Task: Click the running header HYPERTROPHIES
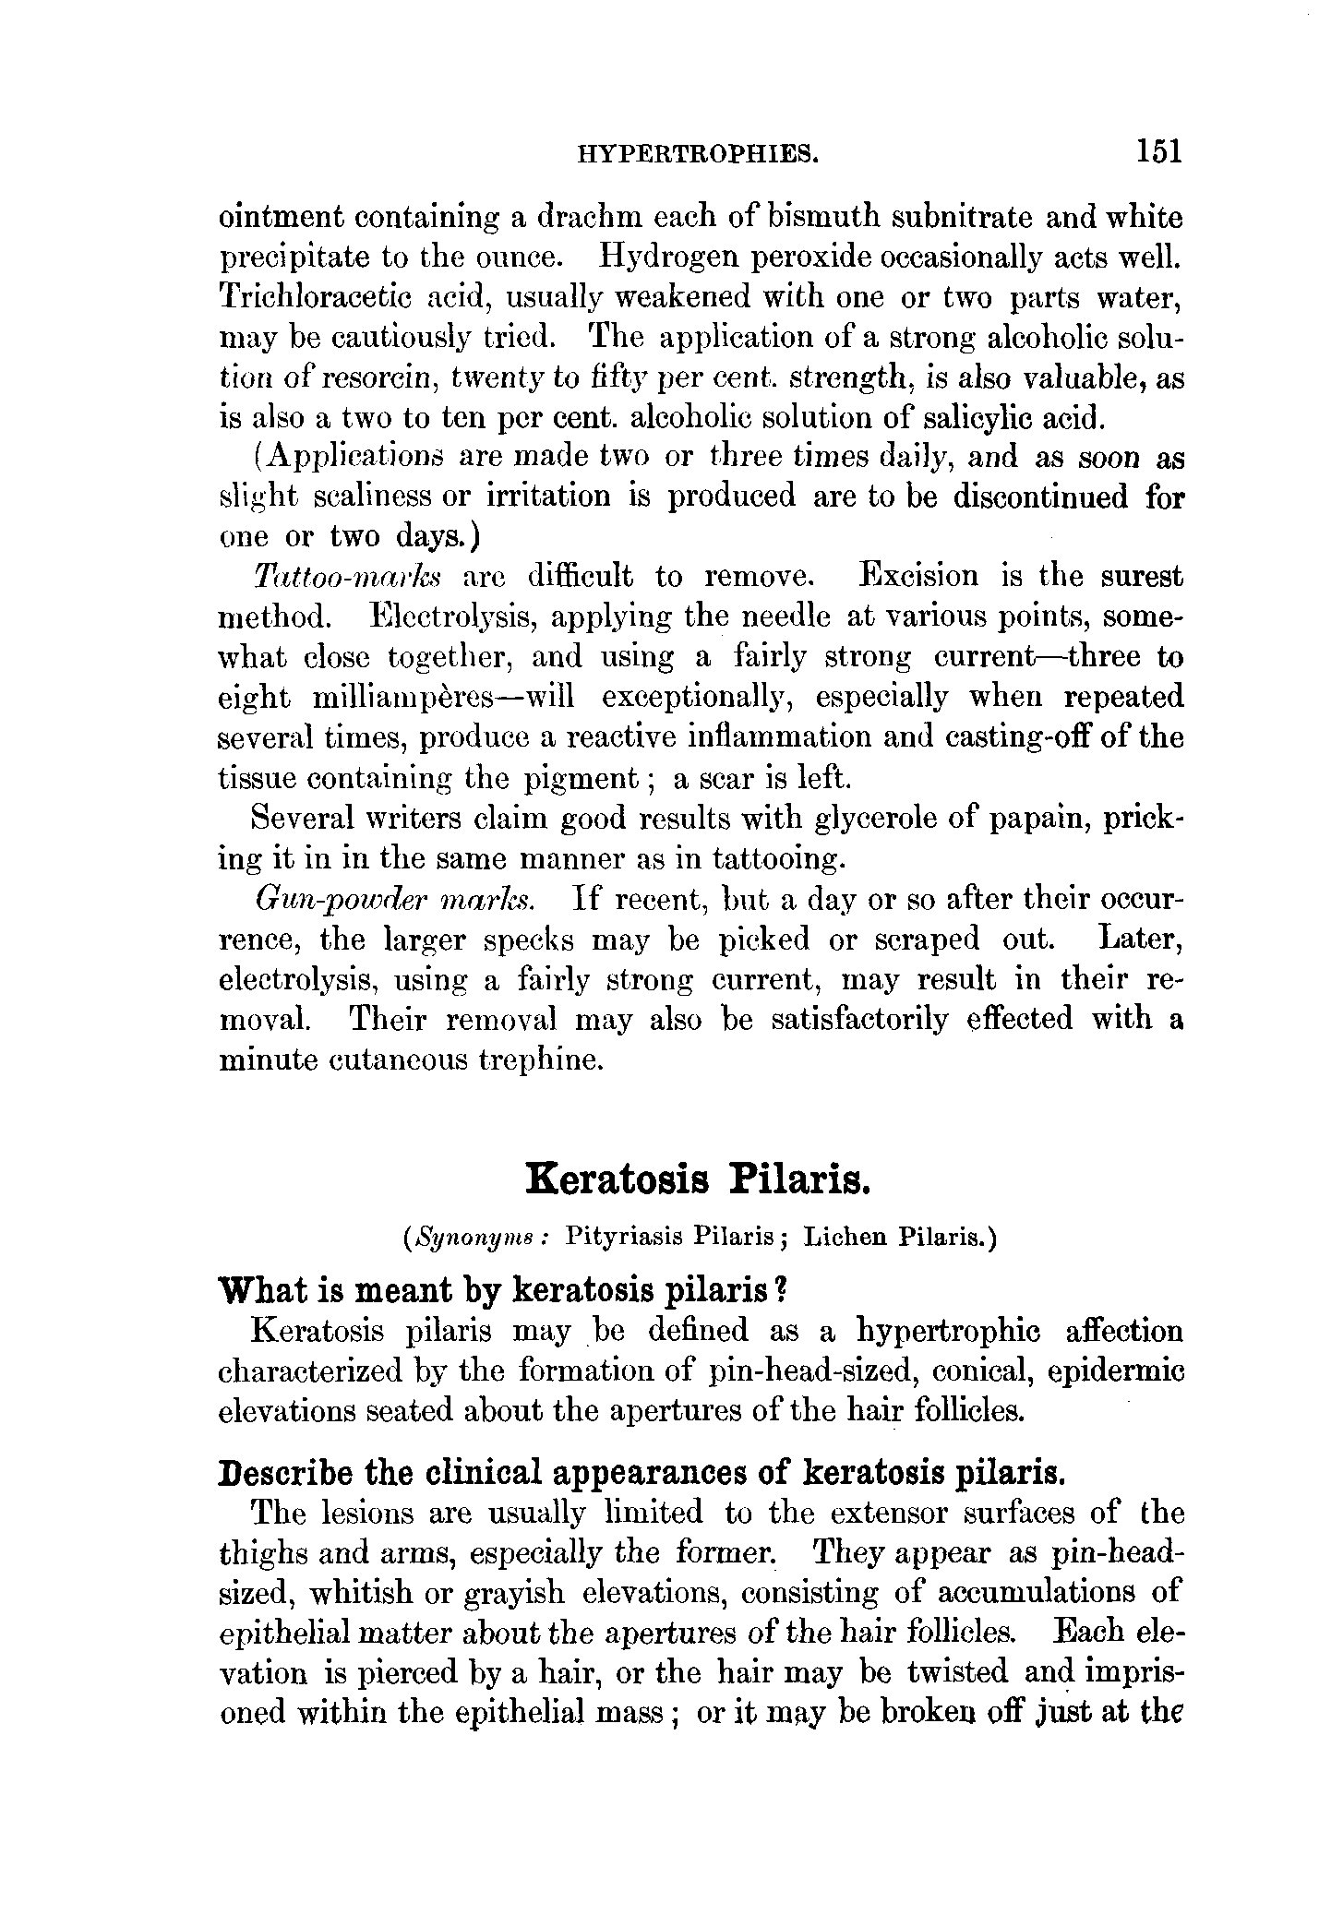tap(698, 152)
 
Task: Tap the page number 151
tap(1158, 150)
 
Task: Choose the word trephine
tap(541, 1060)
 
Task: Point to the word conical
tap(978, 1372)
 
